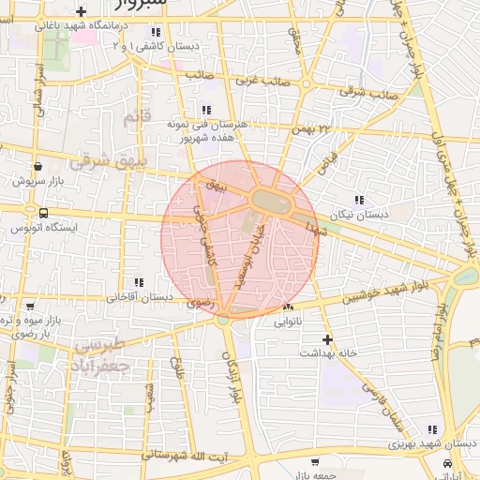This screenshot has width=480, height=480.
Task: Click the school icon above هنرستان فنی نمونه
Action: [x=205, y=110]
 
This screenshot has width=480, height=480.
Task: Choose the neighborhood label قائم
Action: [x=135, y=118]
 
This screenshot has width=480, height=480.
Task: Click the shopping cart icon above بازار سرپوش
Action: [x=37, y=165]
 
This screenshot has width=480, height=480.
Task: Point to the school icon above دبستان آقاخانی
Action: [x=139, y=282]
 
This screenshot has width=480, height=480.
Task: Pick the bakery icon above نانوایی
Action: [x=288, y=307]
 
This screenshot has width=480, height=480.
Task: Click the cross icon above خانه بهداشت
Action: [x=326, y=338]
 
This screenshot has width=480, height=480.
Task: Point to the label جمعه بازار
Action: [x=312, y=475]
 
